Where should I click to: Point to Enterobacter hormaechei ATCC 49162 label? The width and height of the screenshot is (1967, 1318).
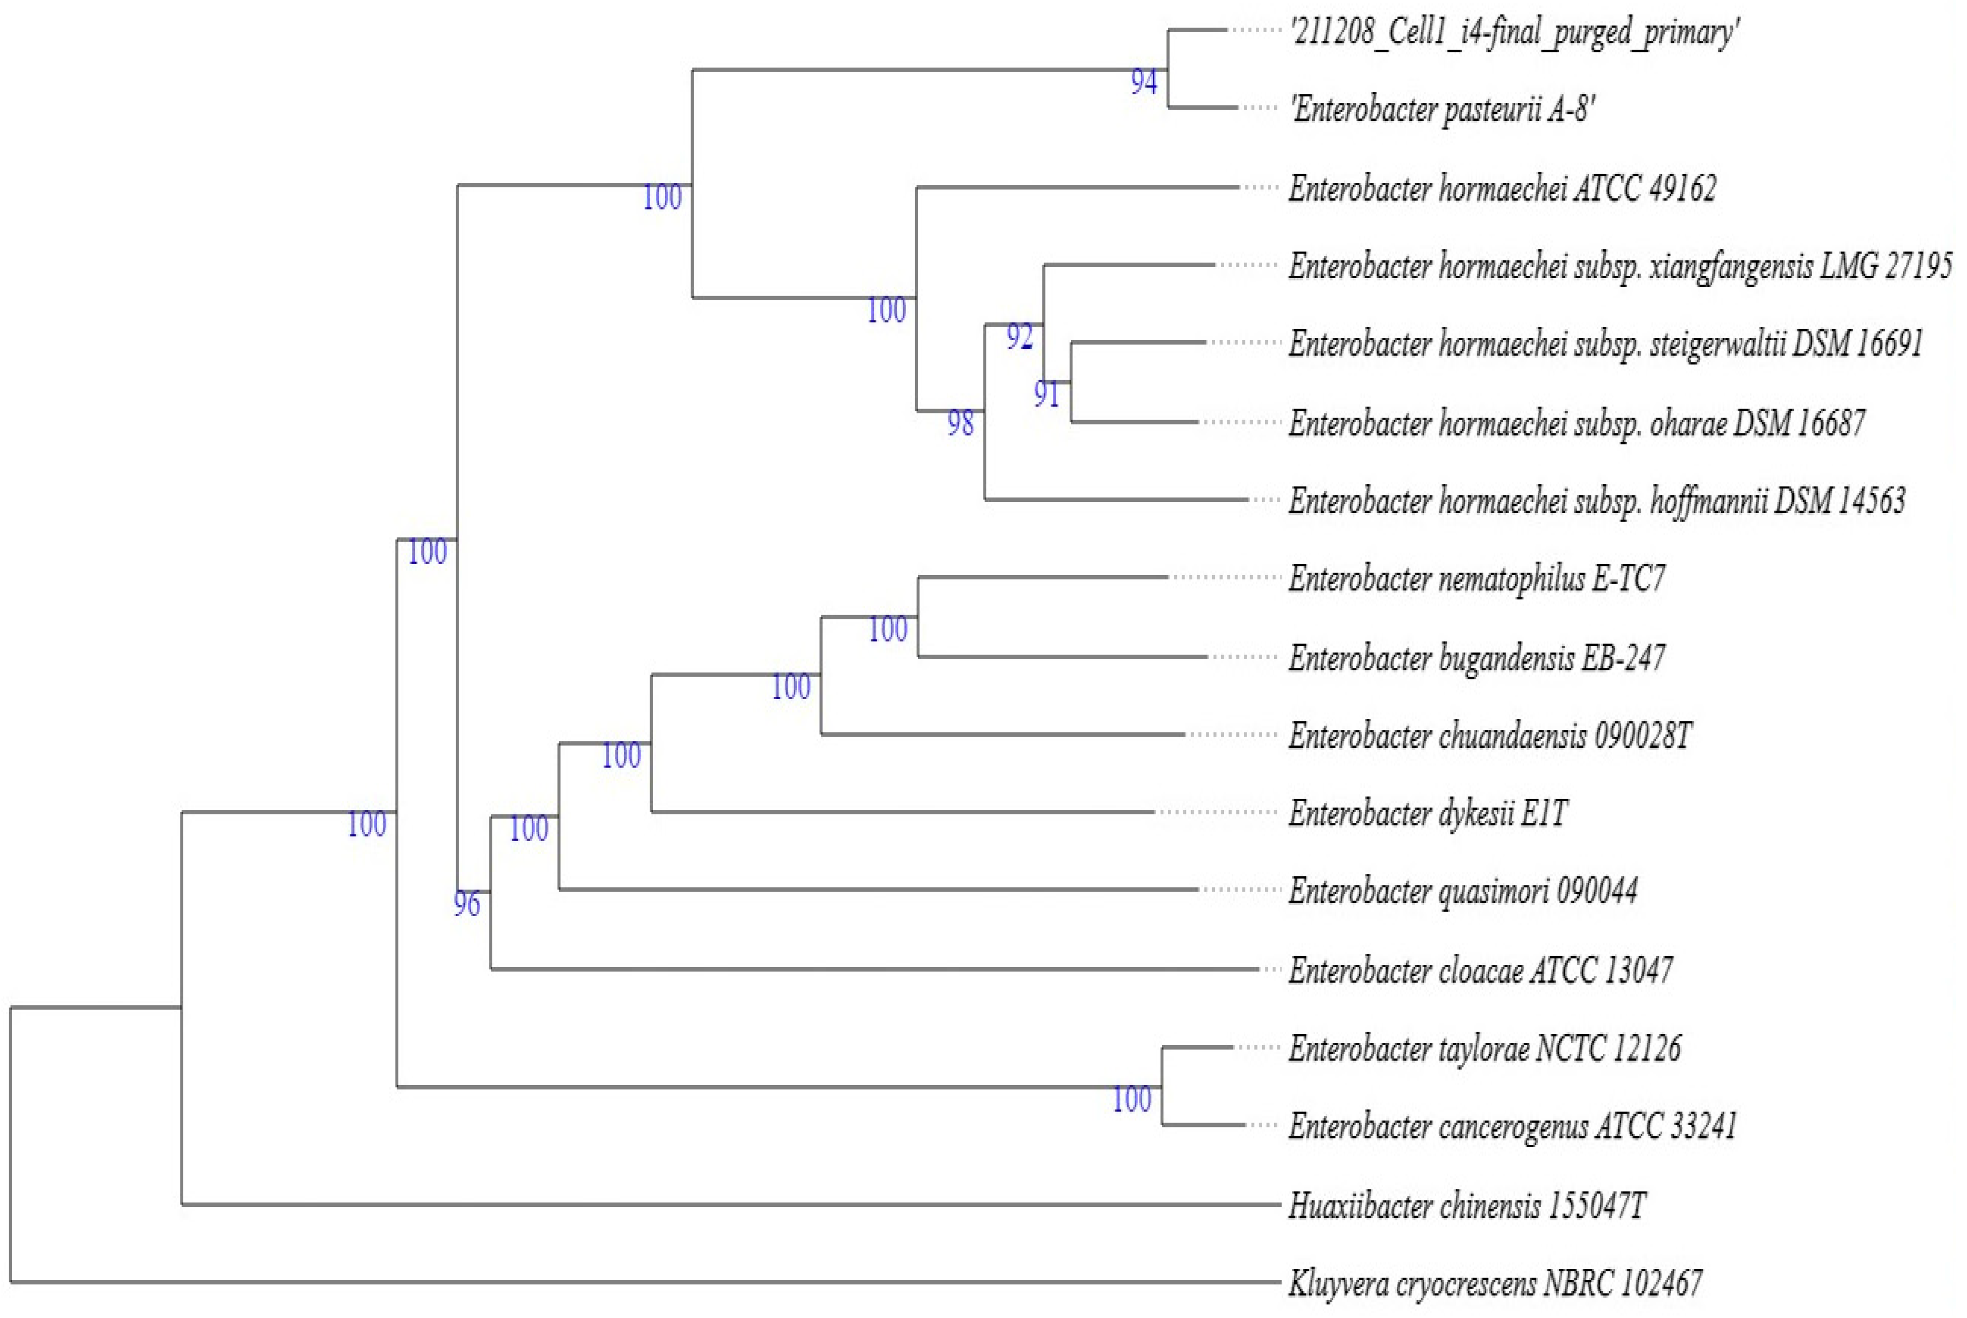pos(1502,188)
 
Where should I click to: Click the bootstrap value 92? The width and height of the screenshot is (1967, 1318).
pos(1019,337)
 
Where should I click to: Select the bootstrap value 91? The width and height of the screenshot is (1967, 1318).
pos(1046,394)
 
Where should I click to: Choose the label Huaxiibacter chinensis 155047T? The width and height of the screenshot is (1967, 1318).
pos(1466,1205)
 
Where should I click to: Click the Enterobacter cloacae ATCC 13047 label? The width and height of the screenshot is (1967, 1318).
pos(1480,970)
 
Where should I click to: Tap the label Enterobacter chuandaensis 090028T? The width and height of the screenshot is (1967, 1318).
pos(1489,735)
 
